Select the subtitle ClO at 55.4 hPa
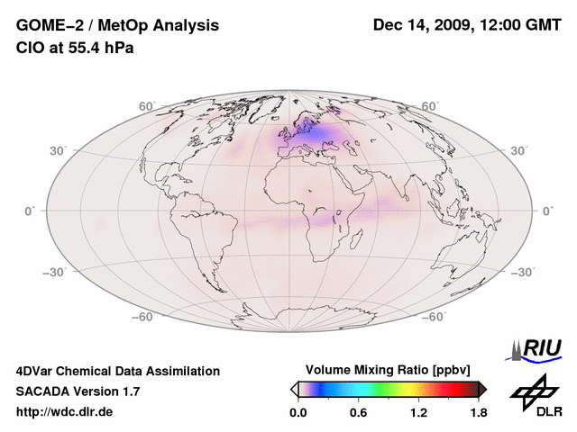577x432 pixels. pos(75,48)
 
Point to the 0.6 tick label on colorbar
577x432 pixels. pos(358,413)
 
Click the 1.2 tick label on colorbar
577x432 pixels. pos(419,413)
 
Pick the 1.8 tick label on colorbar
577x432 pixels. pos(478,413)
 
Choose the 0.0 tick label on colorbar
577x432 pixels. pos(298,413)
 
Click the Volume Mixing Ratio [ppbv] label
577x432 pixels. pos(388,370)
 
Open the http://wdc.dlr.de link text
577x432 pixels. pos(65,413)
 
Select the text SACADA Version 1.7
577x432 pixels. pos(78,391)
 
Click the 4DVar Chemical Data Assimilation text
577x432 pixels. pos(117,371)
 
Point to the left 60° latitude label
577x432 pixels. pos(147,106)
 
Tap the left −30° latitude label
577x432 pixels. pos(55,272)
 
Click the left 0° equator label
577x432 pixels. pos(30,211)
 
